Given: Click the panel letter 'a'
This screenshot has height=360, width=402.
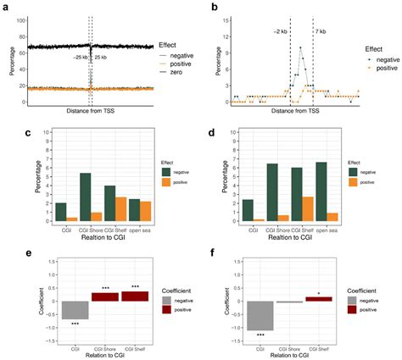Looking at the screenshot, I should (x=7, y=7).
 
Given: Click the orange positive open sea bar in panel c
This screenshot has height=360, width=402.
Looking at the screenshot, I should (x=144, y=212).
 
